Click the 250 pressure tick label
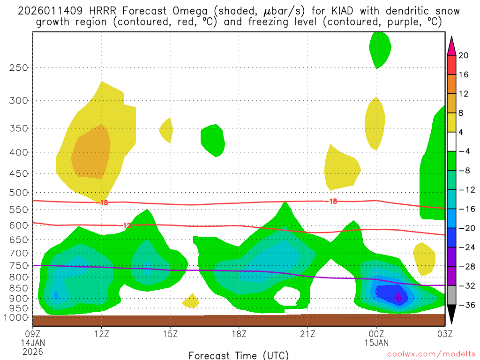click(19, 67)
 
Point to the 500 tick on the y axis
click(19, 193)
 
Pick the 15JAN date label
click(376, 342)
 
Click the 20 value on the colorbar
click(464, 55)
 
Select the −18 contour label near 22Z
click(330, 201)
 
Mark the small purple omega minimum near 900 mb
click(398, 297)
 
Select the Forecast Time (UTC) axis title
click(239, 355)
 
